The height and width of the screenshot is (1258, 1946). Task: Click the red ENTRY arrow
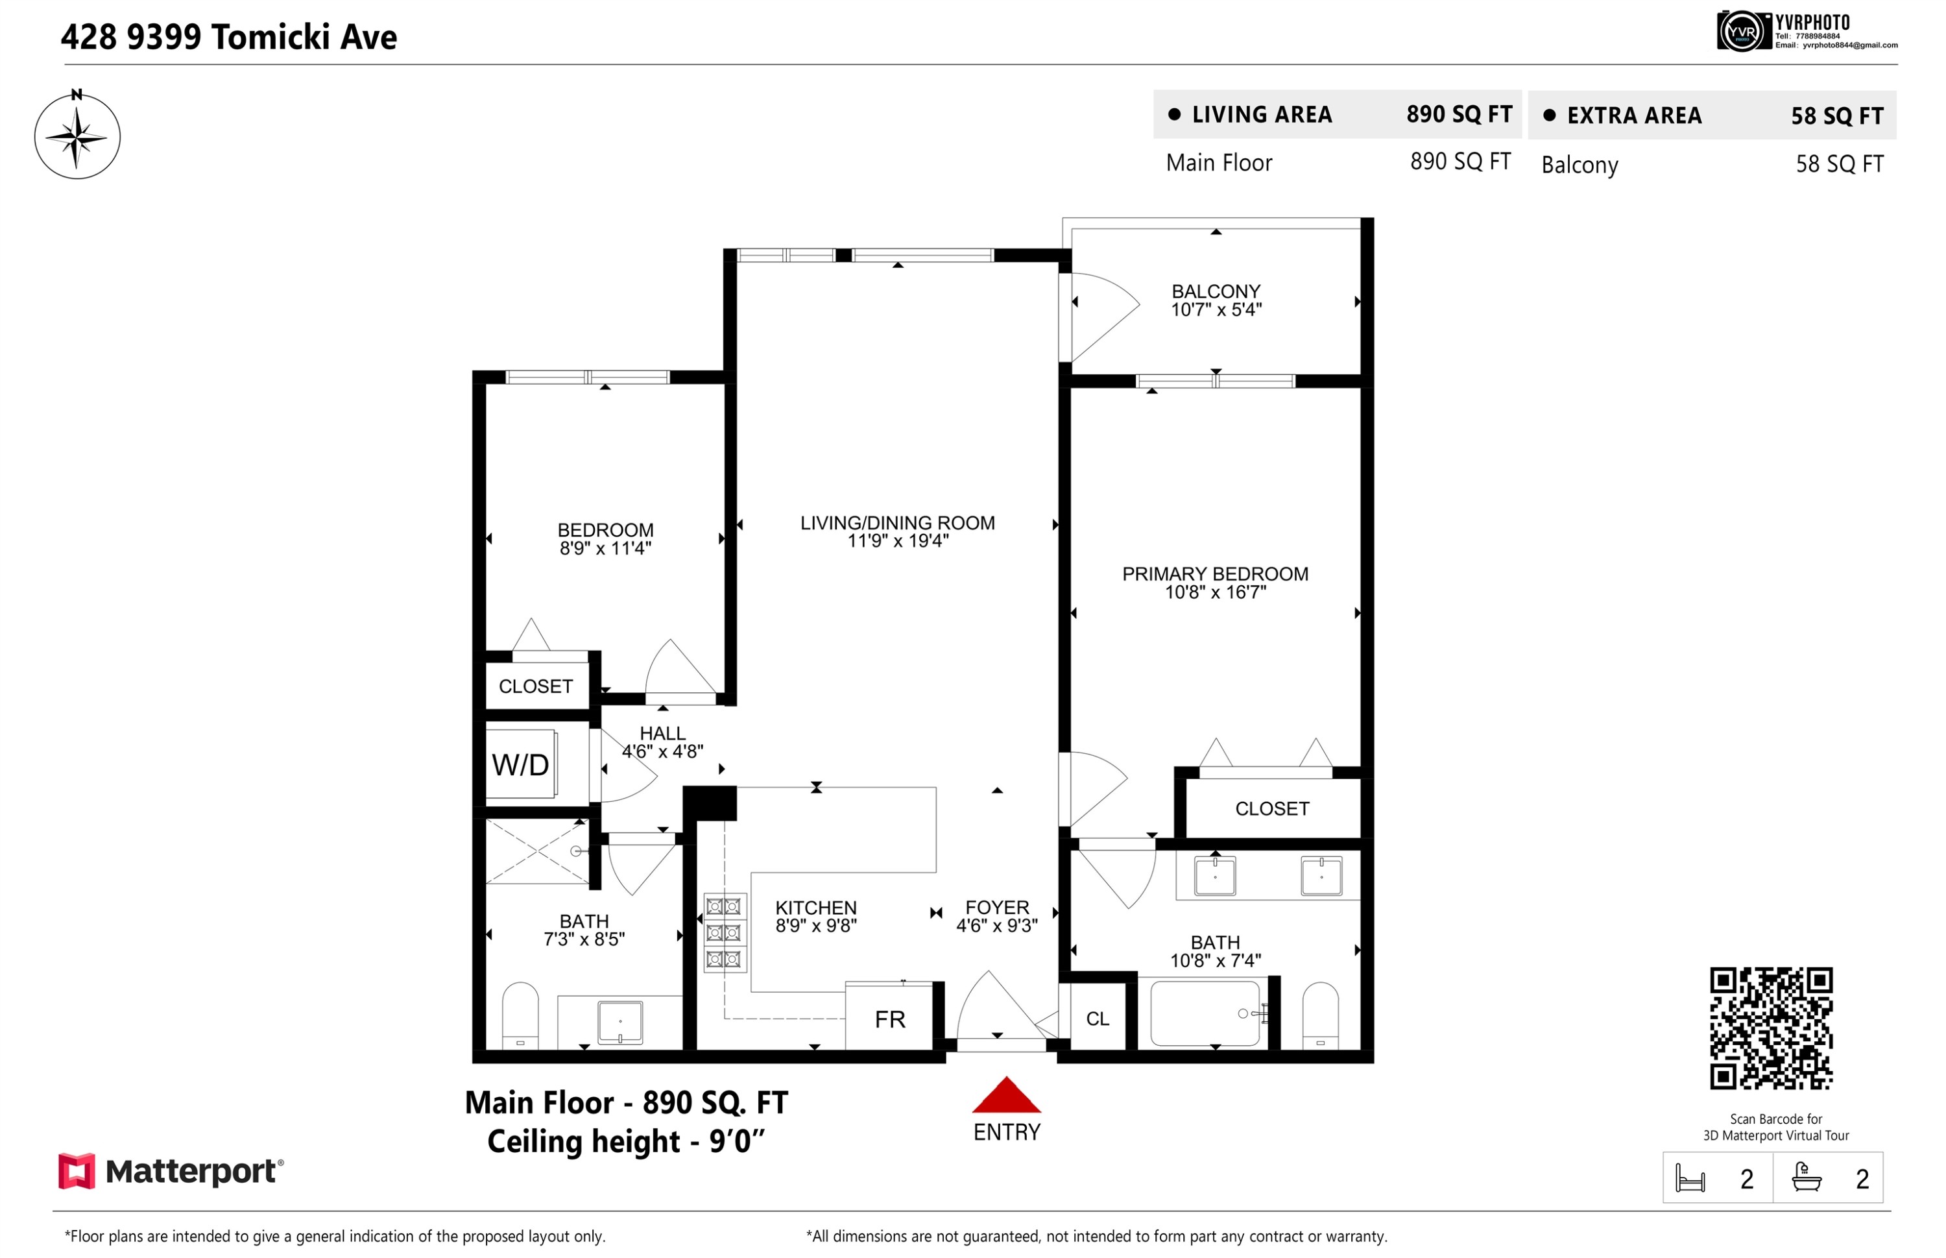(x=1006, y=1095)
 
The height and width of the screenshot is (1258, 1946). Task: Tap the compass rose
(x=77, y=136)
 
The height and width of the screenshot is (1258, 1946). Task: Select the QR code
(x=1772, y=1028)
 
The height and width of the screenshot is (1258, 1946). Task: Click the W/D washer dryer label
(x=520, y=766)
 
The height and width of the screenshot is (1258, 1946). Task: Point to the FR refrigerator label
(x=889, y=1019)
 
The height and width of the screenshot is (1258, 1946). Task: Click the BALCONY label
(x=1216, y=291)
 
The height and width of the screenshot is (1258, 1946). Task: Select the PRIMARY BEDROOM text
(x=1215, y=574)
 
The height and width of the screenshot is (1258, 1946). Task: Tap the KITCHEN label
(x=816, y=908)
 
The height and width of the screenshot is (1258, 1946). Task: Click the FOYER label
(x=997, y=908)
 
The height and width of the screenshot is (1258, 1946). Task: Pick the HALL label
(x=662, y=734)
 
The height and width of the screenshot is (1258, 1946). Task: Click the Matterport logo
(x=171, y=1172)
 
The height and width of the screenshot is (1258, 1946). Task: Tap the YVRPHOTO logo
(x=1807, y=31)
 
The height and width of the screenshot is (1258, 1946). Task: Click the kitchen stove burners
(x=725, y=933)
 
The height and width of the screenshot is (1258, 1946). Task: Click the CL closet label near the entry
(x=1098, y=1019)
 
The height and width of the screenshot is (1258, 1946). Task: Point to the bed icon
(x=1690, y=1179)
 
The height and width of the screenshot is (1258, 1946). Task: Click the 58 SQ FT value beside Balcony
(x=1839, y=164)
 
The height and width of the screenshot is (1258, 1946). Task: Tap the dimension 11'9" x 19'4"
(x=898, y=541)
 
